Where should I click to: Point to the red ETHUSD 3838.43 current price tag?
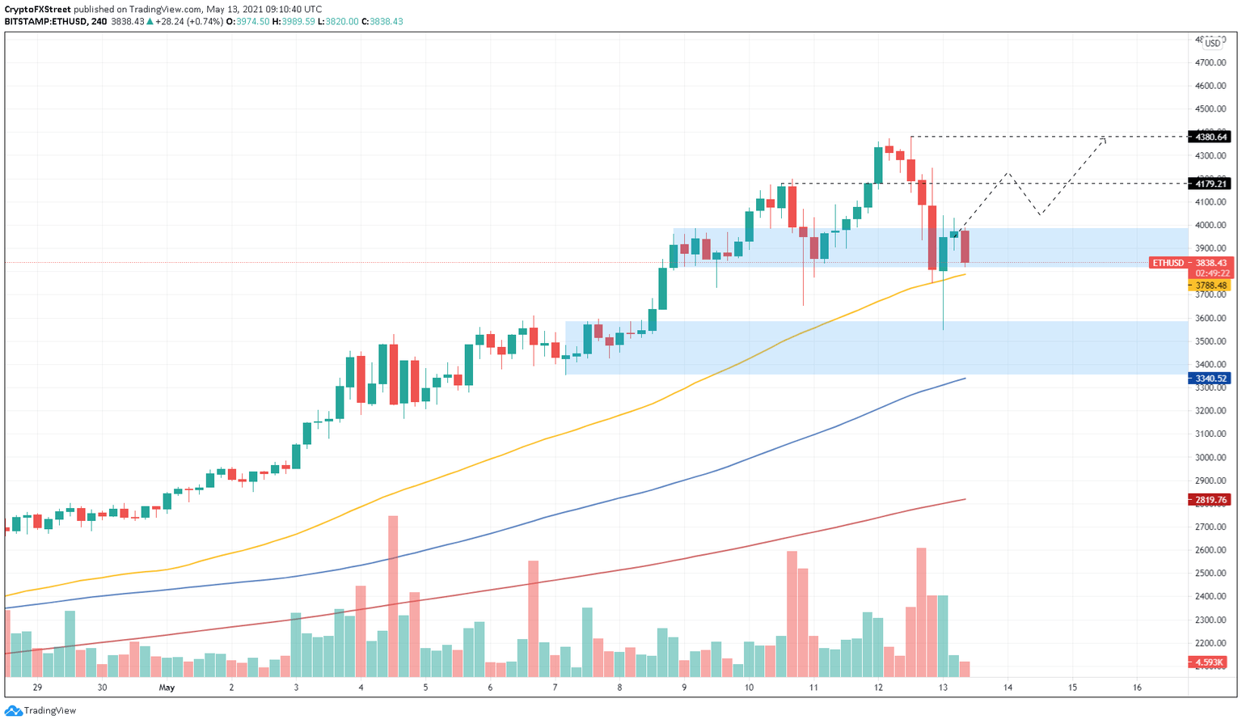1189,263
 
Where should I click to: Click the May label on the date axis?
167,688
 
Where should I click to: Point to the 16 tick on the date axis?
1137,688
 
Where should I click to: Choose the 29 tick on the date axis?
37,688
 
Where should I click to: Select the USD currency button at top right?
1213,43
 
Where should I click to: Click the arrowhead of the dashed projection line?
1104,139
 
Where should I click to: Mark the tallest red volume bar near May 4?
393,596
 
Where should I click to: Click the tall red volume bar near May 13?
921,612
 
